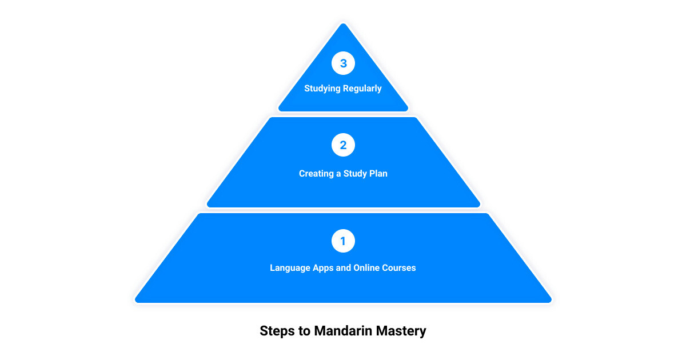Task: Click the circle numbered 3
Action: [x=343, y=63]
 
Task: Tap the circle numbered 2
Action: [x=343, y=145]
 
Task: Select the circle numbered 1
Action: [x=343, y=241]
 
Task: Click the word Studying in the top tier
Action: [x=322, y=89]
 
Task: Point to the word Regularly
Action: [x=362, y=89]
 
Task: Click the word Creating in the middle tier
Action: [x=316, y=174]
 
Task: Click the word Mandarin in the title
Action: [x=344, y=331]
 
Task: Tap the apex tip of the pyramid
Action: [x=344, y=23]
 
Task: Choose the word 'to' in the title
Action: [x=304, y=331]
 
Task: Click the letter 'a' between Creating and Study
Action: [x=338, y=174]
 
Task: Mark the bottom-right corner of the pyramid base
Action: [x=551, y=302]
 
